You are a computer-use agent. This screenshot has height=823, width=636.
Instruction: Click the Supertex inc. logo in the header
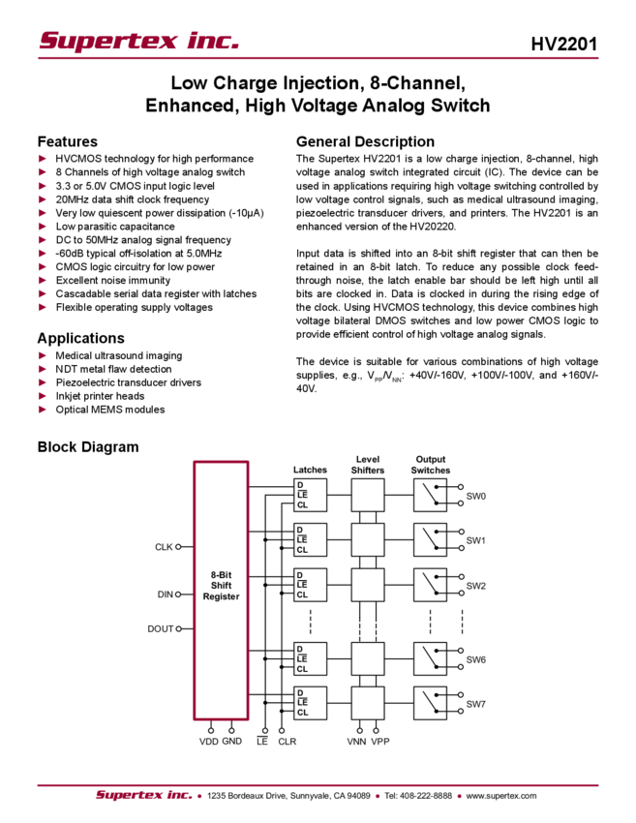138,41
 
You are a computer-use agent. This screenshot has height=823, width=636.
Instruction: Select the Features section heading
70,141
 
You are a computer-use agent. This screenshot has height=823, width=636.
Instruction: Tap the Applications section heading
81,339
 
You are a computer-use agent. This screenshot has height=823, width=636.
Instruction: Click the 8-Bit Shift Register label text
221,588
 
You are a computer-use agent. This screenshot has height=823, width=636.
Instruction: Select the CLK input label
168,547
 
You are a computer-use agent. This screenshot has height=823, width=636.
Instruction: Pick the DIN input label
168,594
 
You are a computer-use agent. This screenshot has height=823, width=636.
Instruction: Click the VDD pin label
209,742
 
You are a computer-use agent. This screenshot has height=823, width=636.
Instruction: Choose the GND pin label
232,742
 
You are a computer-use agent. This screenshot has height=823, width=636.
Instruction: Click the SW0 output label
476,497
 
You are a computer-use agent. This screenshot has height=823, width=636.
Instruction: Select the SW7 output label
476,704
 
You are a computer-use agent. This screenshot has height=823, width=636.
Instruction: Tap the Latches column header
310,471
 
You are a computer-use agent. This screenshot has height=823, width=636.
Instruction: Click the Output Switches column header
431,465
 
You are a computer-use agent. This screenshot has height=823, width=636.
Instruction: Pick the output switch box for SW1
431,537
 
